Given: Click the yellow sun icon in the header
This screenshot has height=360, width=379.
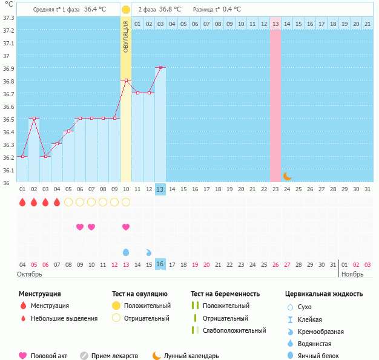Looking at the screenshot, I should tap(126, 10).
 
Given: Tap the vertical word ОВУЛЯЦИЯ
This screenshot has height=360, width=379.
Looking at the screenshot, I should tap(126, 36).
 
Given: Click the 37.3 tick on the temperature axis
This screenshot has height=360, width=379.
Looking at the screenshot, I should tap(9, 17).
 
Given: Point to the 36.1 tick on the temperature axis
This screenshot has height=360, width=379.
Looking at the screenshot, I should tap(9, 170).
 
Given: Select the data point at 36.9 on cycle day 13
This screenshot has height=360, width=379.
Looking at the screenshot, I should tap(160, 67).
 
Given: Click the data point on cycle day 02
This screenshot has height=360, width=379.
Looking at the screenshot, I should tap(34, 119).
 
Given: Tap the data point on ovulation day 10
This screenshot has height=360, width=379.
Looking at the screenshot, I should tap(126, 80).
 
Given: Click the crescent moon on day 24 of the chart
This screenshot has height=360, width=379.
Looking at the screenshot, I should tap(288, 176).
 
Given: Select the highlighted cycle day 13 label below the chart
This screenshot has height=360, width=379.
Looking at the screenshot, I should tap(160, 189).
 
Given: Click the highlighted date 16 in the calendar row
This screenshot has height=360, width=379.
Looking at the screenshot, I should tap(160, 264).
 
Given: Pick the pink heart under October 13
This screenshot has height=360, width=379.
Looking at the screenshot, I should tap(126, 227).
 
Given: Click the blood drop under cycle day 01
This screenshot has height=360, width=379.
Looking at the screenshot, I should tap(22, 202).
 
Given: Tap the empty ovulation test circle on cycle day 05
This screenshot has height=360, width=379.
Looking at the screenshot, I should tap(68, 202).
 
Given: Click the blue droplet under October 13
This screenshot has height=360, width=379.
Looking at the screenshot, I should tap(126, 252).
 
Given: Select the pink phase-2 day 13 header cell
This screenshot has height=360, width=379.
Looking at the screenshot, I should tap(275, 24).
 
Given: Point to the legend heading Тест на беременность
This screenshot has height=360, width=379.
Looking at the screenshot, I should tap(225, 294).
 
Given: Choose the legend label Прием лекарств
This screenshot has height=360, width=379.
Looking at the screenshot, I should tap(114, 356).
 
